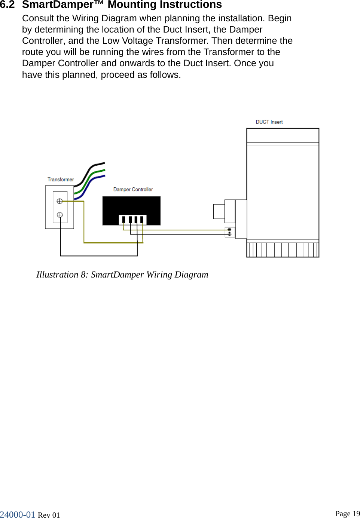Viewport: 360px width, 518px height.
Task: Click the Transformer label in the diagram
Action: click(61, 180)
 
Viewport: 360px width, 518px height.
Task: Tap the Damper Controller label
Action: click(133, 190)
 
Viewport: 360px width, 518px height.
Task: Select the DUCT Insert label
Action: click(269, 122)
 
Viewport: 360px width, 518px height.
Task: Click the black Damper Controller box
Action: click(131, 206)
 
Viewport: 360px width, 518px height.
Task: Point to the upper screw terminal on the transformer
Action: click(60, 201)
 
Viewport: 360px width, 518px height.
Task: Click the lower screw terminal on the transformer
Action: click(60, 215)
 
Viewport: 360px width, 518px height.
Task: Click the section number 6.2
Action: click(7, 5)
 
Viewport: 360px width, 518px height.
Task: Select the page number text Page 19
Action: click(347, 514)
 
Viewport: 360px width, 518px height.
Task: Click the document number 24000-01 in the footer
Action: click(18, 515)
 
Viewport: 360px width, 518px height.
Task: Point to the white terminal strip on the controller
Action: click(132, 220)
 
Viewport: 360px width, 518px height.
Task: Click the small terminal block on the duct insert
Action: click(229, 232)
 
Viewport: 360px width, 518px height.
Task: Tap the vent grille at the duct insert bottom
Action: click(283, 249)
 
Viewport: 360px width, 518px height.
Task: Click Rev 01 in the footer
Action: click(49, 515)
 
